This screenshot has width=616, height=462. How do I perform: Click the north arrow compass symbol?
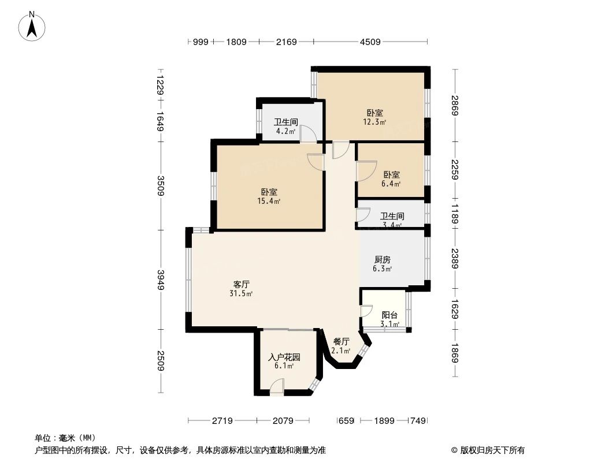tap(33, 25)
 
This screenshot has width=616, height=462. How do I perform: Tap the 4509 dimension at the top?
tap(370, 42)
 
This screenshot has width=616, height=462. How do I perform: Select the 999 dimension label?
tap(200, 42)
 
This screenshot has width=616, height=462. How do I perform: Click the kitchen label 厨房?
tap(383, 260)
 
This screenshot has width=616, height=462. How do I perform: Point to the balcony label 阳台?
tap(390, 315)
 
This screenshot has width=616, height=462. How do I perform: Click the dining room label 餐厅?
tap(341, 341)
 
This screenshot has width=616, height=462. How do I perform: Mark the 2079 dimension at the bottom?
tap(285, 421)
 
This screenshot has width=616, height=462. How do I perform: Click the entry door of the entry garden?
tap(277, 388)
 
